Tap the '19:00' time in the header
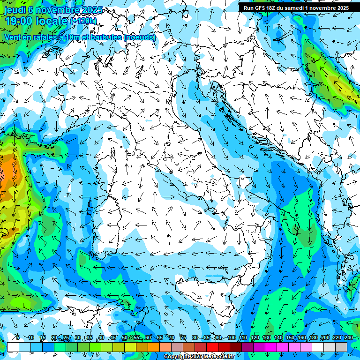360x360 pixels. click(x=18, y=21)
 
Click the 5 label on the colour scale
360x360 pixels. click(x=17, y=338)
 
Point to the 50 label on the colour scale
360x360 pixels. click(x=124, y=338)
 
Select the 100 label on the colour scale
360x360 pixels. click(x=231, y=338)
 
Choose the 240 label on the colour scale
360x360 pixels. click(x=348, y=338)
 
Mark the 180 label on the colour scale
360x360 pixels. click(x=313, y=338)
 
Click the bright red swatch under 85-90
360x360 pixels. click(x=212, y=346)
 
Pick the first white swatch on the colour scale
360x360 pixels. click(x=13, y=346)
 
